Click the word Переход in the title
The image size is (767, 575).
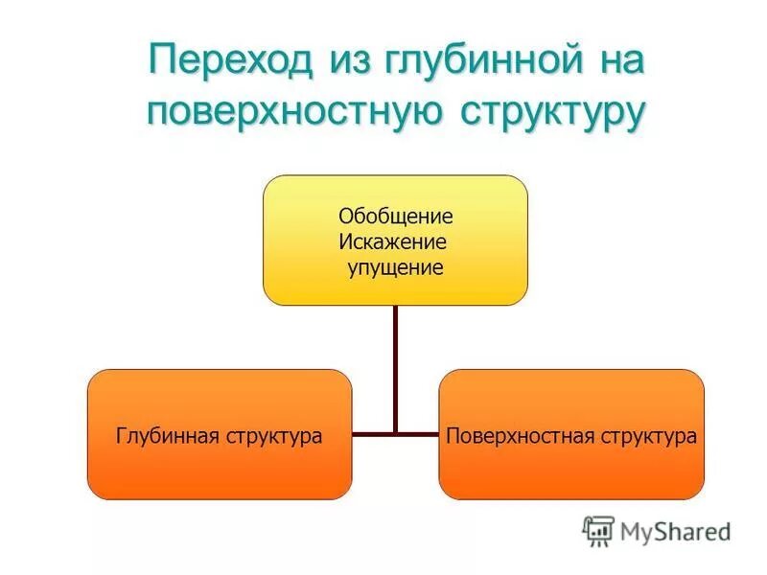tap(230, 62)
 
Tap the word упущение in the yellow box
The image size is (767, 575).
tap(396, 267)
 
